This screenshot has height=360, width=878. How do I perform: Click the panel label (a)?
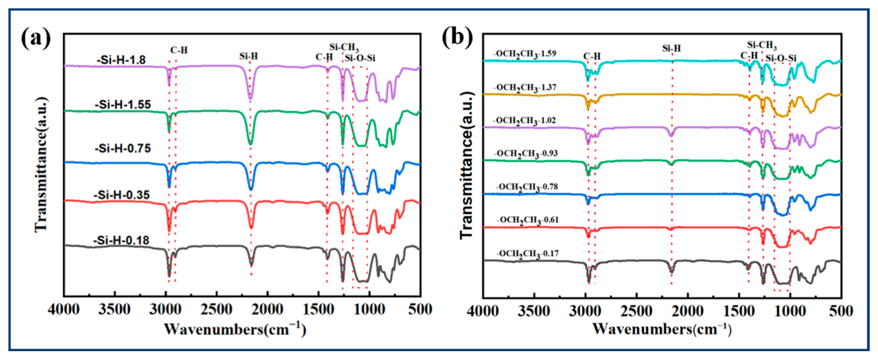36,39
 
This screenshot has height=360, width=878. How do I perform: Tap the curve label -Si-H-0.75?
123,149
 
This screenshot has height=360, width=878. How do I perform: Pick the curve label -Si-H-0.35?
122,195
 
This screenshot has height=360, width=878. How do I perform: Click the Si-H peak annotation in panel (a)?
248,56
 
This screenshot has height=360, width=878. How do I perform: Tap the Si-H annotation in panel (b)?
671,48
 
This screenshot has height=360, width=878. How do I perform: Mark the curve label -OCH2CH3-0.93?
525,154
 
